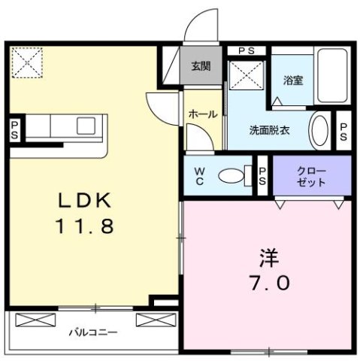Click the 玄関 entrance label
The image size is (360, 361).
(200, 65)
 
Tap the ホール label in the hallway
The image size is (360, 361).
(202, 114)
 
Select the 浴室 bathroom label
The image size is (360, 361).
(292, 80)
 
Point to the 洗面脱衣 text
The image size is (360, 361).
(270, 129)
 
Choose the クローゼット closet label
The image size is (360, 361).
(311, 176)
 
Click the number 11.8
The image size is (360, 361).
(86, 226)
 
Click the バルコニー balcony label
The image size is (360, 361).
(94, 331)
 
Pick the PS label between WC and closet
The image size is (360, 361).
(263, 176)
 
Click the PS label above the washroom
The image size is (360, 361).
(245, 50)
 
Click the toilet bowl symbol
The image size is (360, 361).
(234, 176)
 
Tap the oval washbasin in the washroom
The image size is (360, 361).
(319, 129)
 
